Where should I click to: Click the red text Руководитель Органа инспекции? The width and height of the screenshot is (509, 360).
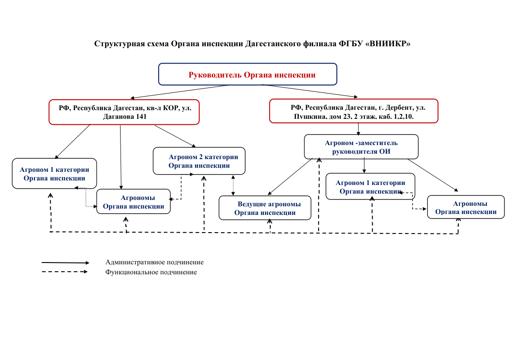252,75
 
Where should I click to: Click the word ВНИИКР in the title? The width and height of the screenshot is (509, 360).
389,44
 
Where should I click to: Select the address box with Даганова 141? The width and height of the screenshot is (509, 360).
124,112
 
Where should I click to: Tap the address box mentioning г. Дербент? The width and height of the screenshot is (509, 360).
354,112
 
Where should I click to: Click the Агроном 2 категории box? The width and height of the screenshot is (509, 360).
199,161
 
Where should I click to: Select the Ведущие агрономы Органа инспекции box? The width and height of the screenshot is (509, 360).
265,208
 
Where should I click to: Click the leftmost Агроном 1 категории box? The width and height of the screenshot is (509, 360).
54,174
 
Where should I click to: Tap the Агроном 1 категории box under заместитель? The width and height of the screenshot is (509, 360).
370,187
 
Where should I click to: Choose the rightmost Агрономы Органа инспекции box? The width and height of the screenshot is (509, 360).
465,208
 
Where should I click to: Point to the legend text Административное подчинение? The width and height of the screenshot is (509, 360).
154,262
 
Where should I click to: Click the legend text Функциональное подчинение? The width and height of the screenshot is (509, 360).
151,272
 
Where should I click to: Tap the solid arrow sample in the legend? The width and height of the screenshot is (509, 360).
65,263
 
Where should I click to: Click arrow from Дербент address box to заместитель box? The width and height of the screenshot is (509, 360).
359,129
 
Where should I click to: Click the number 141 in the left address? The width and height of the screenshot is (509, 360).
140,117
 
